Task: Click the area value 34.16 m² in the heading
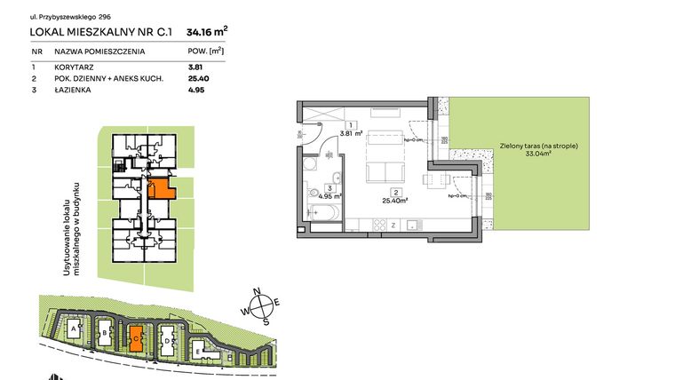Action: click(207, 33)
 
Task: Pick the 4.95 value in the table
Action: click(195, 90)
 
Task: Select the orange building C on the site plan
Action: click(135, 337)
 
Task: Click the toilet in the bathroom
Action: click(312, 194)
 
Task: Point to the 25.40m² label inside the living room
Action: click(394, 200)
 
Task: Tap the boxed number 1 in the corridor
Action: click(352, 125)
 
